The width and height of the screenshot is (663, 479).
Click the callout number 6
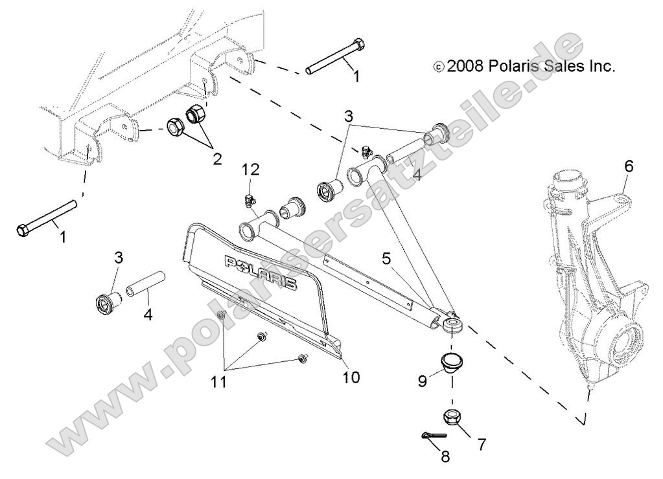pos(628,166)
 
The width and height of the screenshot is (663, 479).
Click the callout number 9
pos(423,381)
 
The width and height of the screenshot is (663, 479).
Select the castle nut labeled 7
pos(452,418)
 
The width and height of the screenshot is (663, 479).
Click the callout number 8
pos(446,457)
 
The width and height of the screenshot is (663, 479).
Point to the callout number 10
pos(351,377)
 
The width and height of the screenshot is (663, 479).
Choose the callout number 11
pos(219,382)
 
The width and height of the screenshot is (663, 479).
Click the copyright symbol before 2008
pos(439,67)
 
